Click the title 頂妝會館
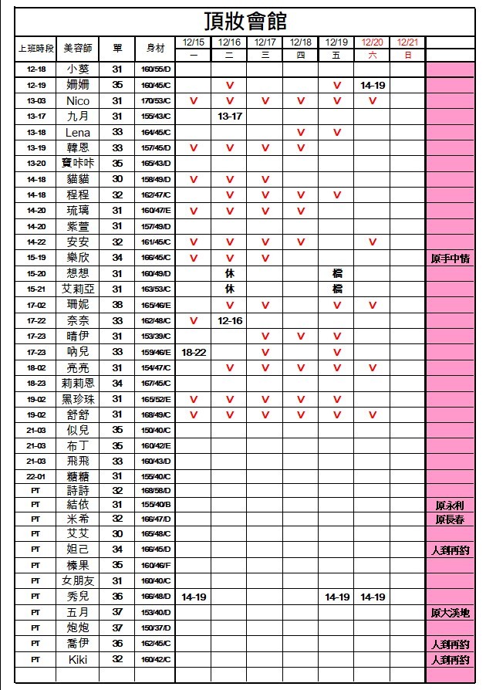pyautogui.click(x=245, y=20)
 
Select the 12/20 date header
pyautogui.click(x=373, y=42)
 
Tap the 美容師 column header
pyautogui.click(x=78, y=48)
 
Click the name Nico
pyautogui.click(x=78, y=101)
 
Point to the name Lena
pyautogui.click(x=78, y=133)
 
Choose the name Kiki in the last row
pyautogui.click(x=78, y=660)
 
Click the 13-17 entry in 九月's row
pyautogui.click(x=229, y=117)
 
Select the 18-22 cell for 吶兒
pyautogui.click(x=194, y=352)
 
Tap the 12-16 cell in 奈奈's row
pyautogui.click(x=229, y=320)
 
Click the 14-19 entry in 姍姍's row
pyautogui.click(x=373, y=86)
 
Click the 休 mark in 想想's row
pyautogui.click(x=229, y=273)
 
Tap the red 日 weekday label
pyautogui.click(x=408, y=55)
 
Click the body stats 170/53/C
pyautogui.click(x=156, y=101)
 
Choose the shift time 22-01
pyautogui.click(x=35, y=476)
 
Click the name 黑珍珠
pyautogui.click(x=78, y=399)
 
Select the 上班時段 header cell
pyautogui.click(x=35, y=48)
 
